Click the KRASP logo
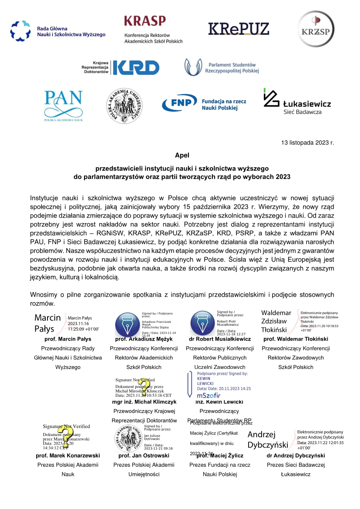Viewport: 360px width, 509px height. pyautogui.click(x=153, y=29)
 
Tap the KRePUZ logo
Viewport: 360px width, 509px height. pyautogui.click(x=239, y=29)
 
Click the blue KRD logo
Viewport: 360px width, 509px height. pyautogui.click(x=120, y=67)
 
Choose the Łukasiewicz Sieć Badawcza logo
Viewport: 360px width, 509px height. pyautogui.click(x=297, y=102)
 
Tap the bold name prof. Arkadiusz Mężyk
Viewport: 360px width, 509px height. pyautogui.click(x=144, y=338)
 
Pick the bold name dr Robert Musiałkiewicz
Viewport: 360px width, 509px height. pyautogui.click(x=219, y=338)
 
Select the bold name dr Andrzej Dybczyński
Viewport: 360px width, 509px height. pyautogui.click(x=296, y=455)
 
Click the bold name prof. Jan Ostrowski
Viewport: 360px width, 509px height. pyautogui.click(x=144, y=455)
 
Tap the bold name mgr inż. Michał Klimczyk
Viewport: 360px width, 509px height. pyautogui.click(x=144, y=402)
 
